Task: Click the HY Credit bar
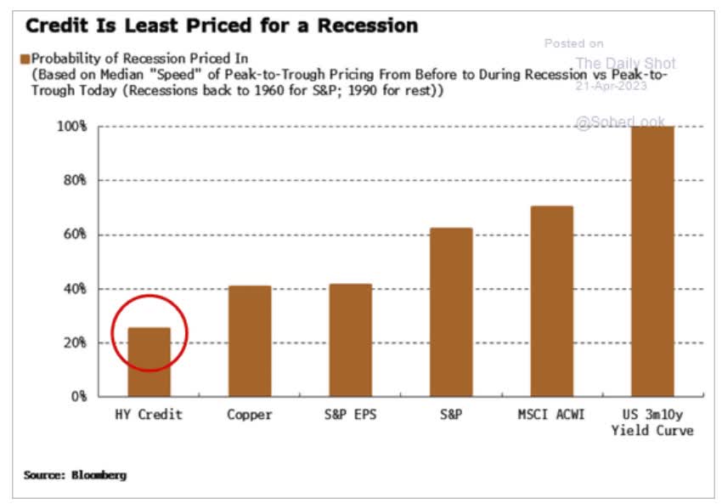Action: tap(149, 362)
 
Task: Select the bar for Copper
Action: tap(250, 341)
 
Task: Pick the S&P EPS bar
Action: tap(350, 340)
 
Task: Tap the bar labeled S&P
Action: tap(450, 312)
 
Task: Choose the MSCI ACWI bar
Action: tap(551, 301)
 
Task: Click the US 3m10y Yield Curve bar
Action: tap(651, 261)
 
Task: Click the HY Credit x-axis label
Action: tap(149, 415)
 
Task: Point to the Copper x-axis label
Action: tap(250, 415)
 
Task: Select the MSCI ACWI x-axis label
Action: tap(551, 415)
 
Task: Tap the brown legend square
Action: tap(25, 59)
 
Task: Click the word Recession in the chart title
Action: tap(368, 25)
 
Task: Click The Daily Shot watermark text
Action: tap(625, 63)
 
